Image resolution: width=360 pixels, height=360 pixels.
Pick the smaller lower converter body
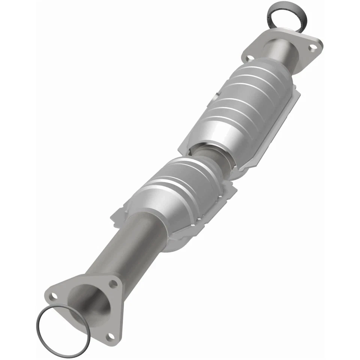coord(180,195)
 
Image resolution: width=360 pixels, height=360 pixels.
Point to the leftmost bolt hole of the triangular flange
coord(54,296)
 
